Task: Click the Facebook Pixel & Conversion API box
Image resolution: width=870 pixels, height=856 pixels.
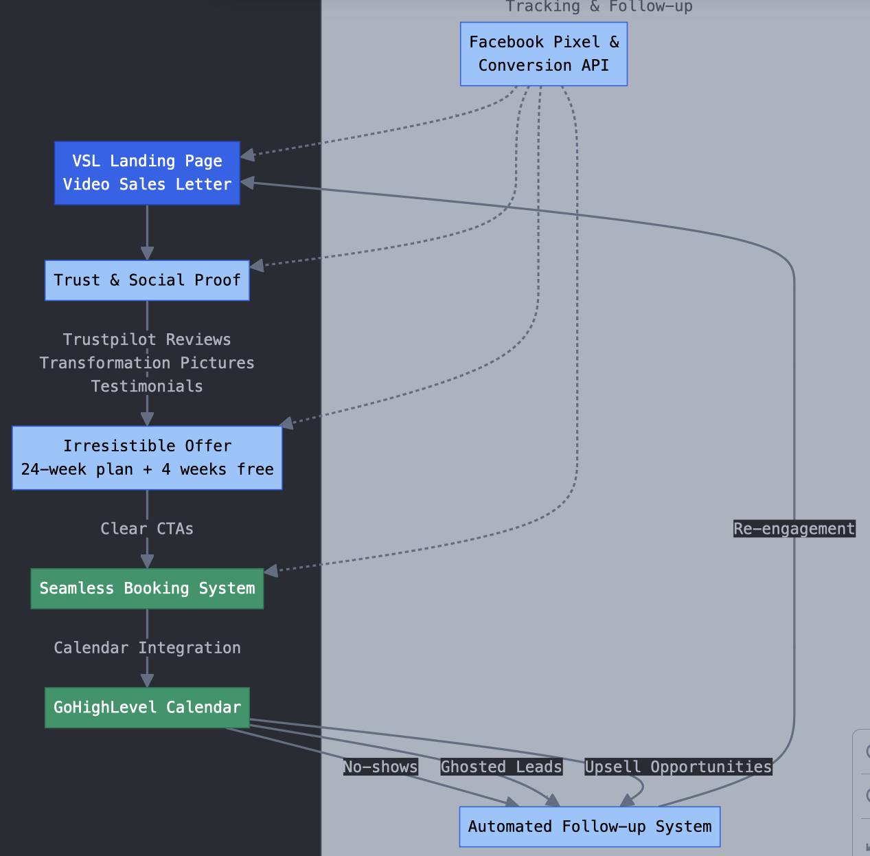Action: point(543,54)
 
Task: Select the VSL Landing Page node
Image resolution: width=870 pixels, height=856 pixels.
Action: point(147,172)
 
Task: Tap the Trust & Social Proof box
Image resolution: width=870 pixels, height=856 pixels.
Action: point(147,280)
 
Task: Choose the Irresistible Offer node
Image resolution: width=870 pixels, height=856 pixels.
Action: point(147,458)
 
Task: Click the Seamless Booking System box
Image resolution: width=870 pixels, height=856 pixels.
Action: point(147,589)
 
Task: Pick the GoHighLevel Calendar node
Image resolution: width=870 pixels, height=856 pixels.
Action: point(147,708)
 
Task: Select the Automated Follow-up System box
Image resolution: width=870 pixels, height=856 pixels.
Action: point(589,826)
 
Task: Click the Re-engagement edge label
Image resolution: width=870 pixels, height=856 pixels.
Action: point(794,529)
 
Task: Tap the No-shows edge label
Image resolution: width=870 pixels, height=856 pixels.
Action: point(380,767)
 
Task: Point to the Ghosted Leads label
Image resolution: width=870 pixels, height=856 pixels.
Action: point(501,767)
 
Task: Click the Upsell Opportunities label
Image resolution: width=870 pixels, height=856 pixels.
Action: point(678,767)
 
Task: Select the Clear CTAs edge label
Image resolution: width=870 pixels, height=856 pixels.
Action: point(147,529)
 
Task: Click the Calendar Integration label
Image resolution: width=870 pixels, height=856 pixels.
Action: point(147,648)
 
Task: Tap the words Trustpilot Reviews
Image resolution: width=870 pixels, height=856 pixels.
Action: point(147,339)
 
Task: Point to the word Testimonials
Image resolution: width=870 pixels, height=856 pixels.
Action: point(147,386)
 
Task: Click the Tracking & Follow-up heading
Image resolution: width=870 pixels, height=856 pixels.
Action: point(599,7)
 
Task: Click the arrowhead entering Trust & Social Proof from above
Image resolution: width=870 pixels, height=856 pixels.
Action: point(147,253)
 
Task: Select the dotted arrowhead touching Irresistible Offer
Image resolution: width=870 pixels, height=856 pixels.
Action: point(288,423)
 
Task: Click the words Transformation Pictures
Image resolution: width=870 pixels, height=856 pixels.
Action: point(147,363)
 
